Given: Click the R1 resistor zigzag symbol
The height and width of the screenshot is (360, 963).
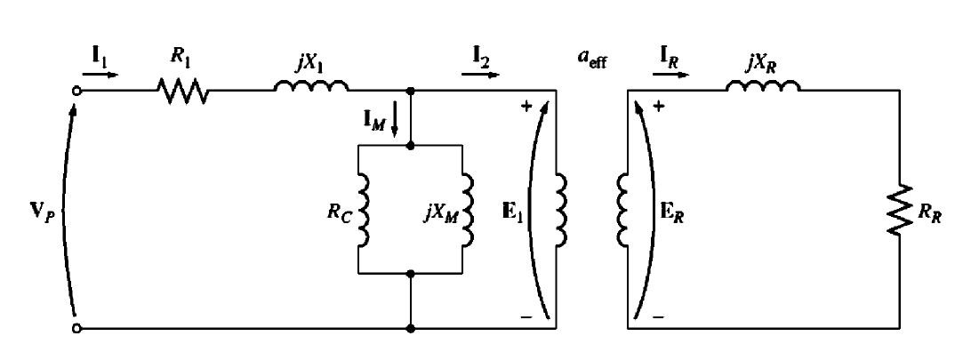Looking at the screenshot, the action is tap(183, 91).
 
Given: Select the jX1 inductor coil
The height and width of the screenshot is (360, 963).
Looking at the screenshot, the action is tap(311, 85).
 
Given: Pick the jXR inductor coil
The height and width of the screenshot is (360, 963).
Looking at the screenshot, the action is tap(764, 85).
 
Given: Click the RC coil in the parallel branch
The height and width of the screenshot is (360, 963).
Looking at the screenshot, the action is tap(363, 209).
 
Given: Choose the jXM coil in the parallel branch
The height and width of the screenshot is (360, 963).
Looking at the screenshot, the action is tap(468, 209).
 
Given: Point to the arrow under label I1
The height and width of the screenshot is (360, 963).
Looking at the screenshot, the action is tap(100, 75).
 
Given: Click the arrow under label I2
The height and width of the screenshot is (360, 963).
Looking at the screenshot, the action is tap(480, 75).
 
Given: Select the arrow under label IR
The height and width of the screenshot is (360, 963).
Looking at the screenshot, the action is tap(671, 75).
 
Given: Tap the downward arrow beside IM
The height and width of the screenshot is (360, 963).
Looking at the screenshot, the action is tap(395, 123).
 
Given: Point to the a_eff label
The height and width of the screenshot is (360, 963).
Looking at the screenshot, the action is tap(593, 61).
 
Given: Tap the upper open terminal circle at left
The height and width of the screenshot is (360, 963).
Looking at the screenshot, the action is tap(76, 91).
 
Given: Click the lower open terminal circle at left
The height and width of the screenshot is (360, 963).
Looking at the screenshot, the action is tap(76, 329).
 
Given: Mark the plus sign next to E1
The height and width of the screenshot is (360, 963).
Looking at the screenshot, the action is tap(526, 107).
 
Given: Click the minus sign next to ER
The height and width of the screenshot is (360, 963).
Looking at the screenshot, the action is tap(658, 317).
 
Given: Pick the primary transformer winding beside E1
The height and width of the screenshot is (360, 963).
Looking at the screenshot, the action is tap(561, 209).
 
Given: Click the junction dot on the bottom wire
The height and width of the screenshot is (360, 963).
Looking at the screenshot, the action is tap(410, 329).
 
